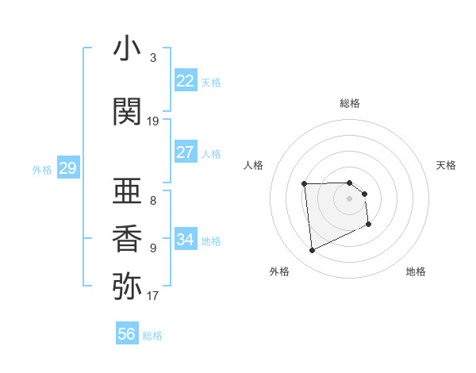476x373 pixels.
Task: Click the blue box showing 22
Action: (186, 81)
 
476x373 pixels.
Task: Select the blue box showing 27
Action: (186, 152)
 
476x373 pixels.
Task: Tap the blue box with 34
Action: (186, 240)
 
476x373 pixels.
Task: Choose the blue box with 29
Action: (67, 168)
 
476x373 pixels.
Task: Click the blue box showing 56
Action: (127, 334)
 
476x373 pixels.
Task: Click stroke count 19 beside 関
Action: (153, 121)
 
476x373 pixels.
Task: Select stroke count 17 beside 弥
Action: (153, 296)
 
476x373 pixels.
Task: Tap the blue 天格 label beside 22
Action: (211, 83)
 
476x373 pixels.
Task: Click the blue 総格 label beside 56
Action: (152, 336)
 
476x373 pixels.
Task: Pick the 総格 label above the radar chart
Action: (350, 103)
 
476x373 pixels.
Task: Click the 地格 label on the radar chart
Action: (416, 271)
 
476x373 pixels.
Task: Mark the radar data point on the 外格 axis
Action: (312, 251)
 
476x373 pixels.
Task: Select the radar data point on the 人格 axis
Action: (304, 184)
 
